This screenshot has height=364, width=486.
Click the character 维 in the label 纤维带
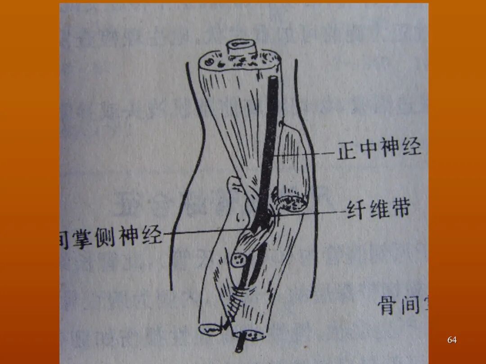click(377, 209)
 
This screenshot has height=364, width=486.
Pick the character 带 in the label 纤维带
click(399, 209)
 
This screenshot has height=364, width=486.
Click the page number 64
click(452, 340)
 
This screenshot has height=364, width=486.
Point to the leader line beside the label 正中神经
click(306, 154)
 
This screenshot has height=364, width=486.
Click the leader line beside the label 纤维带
click(310, 212)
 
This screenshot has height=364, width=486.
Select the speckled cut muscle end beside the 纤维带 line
click(295, 204)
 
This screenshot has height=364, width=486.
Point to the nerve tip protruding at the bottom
click(239, 346)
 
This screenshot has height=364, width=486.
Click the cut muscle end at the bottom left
click(210, 329)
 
